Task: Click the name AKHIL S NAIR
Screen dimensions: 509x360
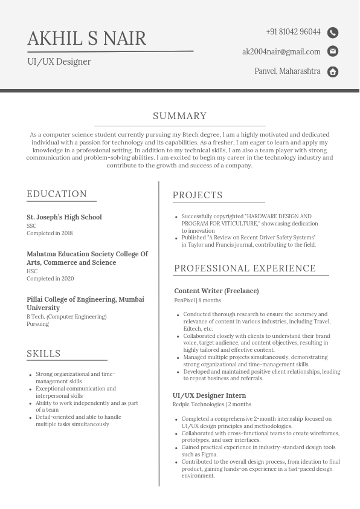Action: [x=86, y=38]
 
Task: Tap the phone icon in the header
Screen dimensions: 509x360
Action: [x=333, y=33]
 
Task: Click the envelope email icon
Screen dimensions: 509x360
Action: [x=333, y=51]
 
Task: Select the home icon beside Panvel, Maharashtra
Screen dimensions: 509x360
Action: [x=333, y=72]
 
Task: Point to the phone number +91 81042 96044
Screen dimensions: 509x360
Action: [x=293, y=31]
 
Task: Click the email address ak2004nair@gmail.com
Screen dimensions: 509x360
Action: [x=281, y=51]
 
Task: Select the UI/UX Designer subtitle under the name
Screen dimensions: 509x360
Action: [x=59, y=62]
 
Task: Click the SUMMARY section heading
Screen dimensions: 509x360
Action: [x=179, y=116]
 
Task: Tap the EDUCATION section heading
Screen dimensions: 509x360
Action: [x=57, y=194]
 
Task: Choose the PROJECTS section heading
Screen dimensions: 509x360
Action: [x=198, y=195]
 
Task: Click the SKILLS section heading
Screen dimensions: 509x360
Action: [x=43, y=354]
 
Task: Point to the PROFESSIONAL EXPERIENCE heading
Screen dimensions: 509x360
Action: [x=245, y=268]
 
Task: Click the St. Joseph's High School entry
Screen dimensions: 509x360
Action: [x=64, y=217]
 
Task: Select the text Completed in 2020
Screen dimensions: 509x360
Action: [x=50, y=279]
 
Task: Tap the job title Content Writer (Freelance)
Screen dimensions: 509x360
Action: [x=216, y=291]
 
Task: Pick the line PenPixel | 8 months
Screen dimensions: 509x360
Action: [x=198, y=300]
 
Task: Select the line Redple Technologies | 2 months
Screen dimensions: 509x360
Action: [x=211, y=404]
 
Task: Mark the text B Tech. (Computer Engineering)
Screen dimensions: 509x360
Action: [x=66, y=317]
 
